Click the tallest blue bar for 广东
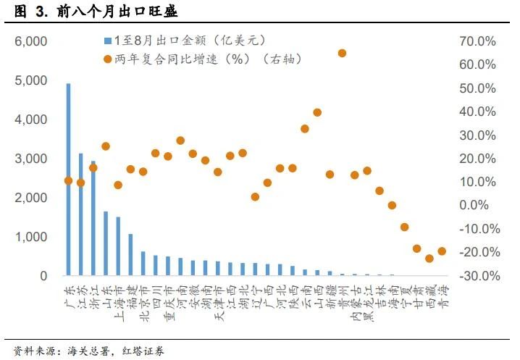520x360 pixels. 69,181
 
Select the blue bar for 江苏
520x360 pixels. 81,217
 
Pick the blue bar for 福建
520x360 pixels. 130,255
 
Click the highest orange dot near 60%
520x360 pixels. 342,53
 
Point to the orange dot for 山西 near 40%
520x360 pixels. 317,112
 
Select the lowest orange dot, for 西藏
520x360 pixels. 429,258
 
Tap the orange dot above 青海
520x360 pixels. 441,251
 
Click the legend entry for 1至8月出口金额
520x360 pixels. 167,41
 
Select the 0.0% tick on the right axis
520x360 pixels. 480,206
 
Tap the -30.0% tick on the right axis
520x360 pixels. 477,276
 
